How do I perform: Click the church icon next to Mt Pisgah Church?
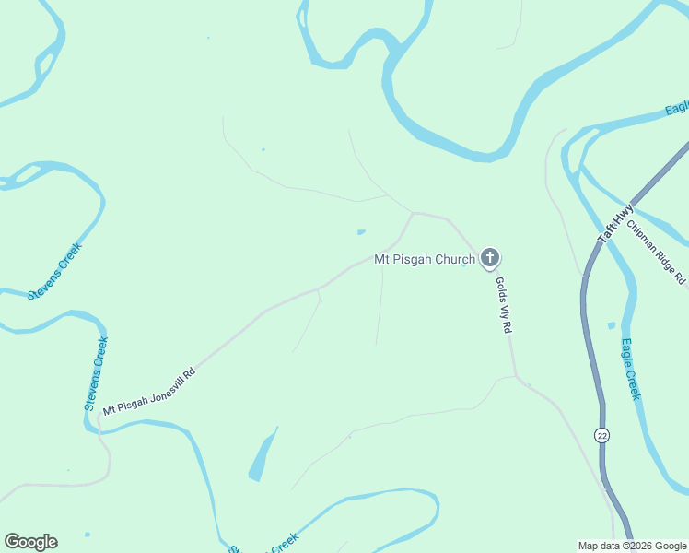point(490,258)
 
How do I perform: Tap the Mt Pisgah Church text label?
point(425,260)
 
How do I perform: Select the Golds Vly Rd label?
point(503,305)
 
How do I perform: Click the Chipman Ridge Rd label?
point(656,251)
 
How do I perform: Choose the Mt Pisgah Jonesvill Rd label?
point(149,392)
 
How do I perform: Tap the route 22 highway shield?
point(602,435)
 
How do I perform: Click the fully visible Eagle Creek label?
point(630,370)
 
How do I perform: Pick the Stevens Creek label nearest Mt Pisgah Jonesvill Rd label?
point(96,373)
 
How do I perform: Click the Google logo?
point(30,542)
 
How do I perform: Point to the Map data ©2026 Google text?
point(632,545)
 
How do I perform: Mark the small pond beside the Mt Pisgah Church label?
point(361,231)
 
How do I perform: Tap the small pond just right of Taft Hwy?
point(611,325)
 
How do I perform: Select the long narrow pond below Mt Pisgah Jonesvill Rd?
point(263,455)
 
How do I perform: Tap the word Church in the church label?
point(457,260)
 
